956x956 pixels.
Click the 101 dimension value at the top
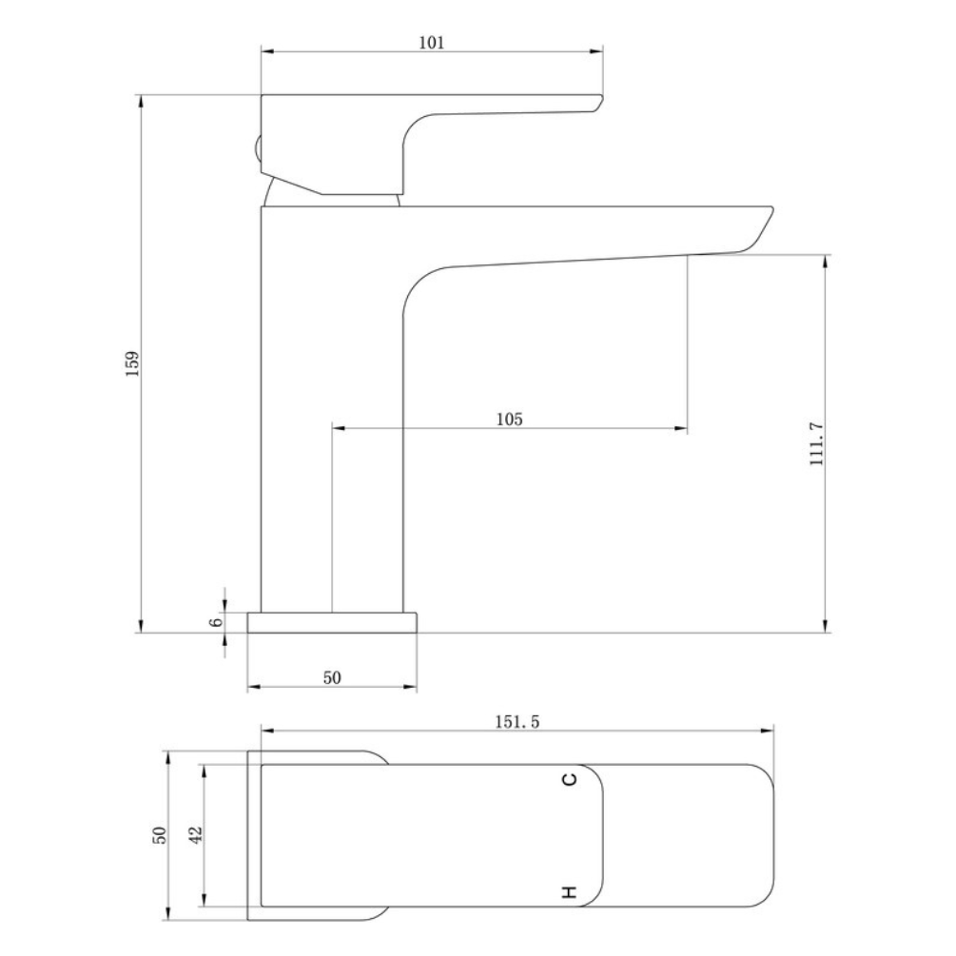coord(432,43)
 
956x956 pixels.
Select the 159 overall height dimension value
coord(132,363)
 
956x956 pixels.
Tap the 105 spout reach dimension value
coord(509,419)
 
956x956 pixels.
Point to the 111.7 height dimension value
coord(816,444)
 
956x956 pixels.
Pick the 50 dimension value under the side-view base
coord(332,677)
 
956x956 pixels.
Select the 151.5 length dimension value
coord(517,722)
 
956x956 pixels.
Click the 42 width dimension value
coord(196,834)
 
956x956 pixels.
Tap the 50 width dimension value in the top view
coord(159,834)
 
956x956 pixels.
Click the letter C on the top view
coord(569,779)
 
